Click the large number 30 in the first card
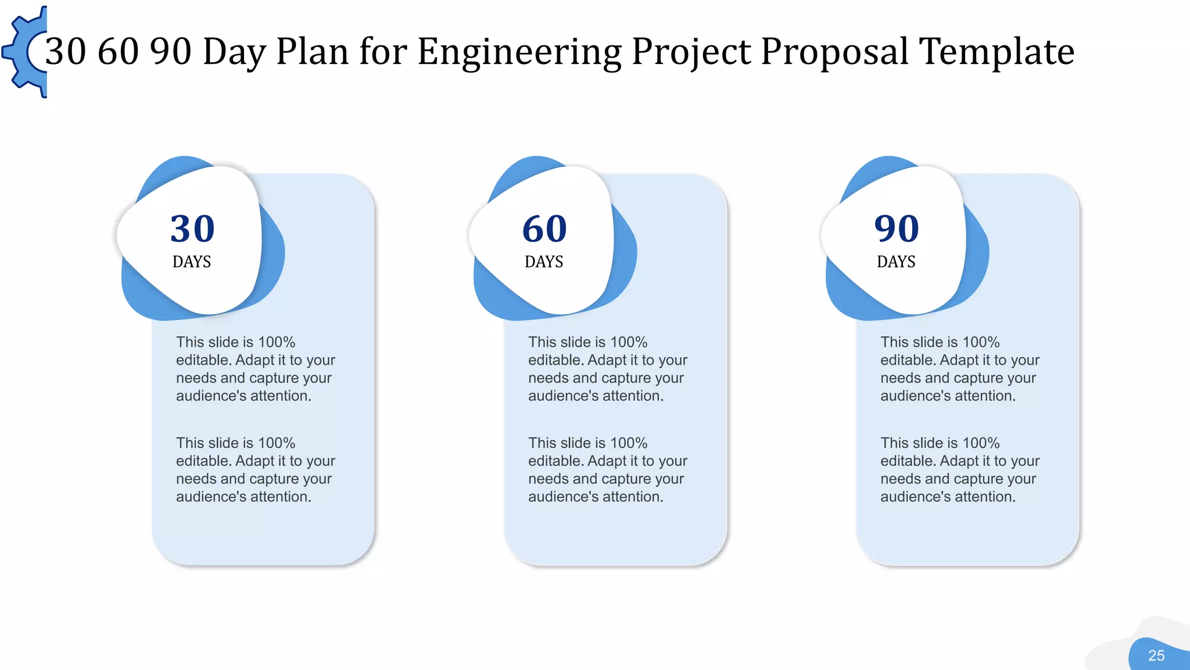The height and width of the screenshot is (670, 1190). coord(192,229)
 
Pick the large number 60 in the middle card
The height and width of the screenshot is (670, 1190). coord(544,229)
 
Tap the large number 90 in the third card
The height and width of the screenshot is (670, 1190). coord(897,229)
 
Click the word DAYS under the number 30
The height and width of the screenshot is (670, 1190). coord(192,262)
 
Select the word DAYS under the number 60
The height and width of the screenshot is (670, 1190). coord(544,262)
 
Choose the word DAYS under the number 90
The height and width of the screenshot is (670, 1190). coord(896,262)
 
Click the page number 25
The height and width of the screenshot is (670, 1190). coord(1156,656)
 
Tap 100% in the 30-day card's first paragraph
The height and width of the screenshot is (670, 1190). coord(277,342)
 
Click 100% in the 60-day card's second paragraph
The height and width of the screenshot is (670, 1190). coord(629,443)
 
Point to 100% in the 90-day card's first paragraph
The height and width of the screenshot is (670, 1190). coord(981,342)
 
